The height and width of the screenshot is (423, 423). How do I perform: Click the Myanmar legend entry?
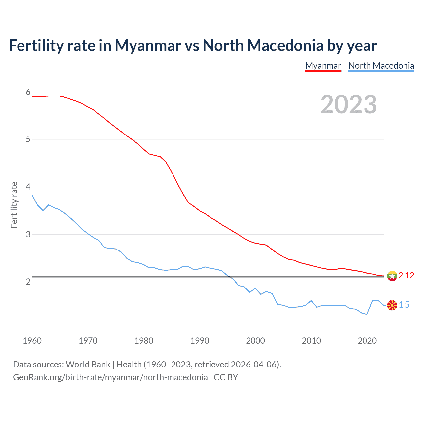pos(323,66)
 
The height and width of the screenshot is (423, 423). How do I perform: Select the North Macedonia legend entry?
pos(381,66)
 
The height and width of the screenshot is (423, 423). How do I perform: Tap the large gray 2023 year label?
pos(348,104)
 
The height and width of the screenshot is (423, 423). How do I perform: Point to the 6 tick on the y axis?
pos(28,92)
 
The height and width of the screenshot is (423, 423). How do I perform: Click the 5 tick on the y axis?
pos(28,139)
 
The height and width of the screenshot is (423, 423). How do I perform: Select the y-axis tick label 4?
pos(28,187)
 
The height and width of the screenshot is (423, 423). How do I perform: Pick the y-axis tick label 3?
pos(28,234)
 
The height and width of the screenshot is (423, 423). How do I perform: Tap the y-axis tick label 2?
pos(28,282)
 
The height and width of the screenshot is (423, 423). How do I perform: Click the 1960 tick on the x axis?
pos(32,341)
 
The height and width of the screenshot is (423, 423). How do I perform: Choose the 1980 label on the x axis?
pos(144,341)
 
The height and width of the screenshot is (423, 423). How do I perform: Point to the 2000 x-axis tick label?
pos(255,341)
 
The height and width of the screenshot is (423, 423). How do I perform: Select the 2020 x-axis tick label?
pos(367,341)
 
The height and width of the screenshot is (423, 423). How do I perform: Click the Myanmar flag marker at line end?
pos(392,276)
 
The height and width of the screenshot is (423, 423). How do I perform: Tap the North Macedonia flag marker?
pos(392,305)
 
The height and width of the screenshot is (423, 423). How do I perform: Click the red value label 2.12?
pos(406,276)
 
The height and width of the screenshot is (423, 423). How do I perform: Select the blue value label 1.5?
pos(404,305)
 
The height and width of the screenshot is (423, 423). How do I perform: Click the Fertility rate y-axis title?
pos(14,205)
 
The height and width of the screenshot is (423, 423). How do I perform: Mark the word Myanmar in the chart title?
pos(148,46)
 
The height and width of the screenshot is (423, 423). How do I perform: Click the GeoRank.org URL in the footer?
pos(110,377)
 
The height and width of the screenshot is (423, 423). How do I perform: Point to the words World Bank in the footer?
pos(88,365)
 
